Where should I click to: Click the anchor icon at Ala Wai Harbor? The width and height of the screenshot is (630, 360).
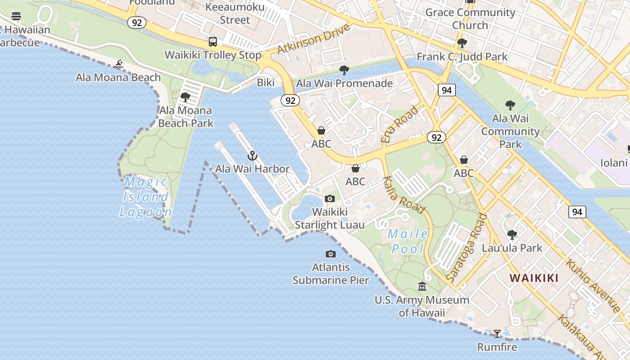(x=252, y=156)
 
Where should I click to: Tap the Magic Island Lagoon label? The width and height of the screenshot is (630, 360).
(x=146, y=197)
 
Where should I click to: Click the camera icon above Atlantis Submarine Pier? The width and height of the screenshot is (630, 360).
(x=331, y=254)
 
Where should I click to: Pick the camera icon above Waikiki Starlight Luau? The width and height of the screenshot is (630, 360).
(x=330, y=198)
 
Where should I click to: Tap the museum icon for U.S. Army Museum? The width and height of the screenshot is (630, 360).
(x=422, y=286)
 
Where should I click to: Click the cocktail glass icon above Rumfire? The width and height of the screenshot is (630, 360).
(x=497, y=334)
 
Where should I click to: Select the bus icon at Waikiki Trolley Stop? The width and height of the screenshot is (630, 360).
(x=213, y=42)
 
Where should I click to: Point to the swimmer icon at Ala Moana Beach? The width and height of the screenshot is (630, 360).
(x=118, y=64)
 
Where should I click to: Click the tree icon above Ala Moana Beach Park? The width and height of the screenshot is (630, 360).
(x=185, y=97)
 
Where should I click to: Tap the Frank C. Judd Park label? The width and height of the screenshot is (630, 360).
(x=462, y=57)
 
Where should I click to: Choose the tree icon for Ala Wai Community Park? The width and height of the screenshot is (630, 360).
(x=510, y=105)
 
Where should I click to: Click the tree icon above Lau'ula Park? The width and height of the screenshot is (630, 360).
(x=512, y=235)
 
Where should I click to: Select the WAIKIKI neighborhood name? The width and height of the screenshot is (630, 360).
(x=534, y=278)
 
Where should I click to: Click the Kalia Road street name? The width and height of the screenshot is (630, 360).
(x=404, y=194)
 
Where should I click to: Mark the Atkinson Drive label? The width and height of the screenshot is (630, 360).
(x=313, y=38)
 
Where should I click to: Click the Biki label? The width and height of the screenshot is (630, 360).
(x=265, y=83)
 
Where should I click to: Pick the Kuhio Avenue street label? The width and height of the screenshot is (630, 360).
(x=593, y=285)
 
